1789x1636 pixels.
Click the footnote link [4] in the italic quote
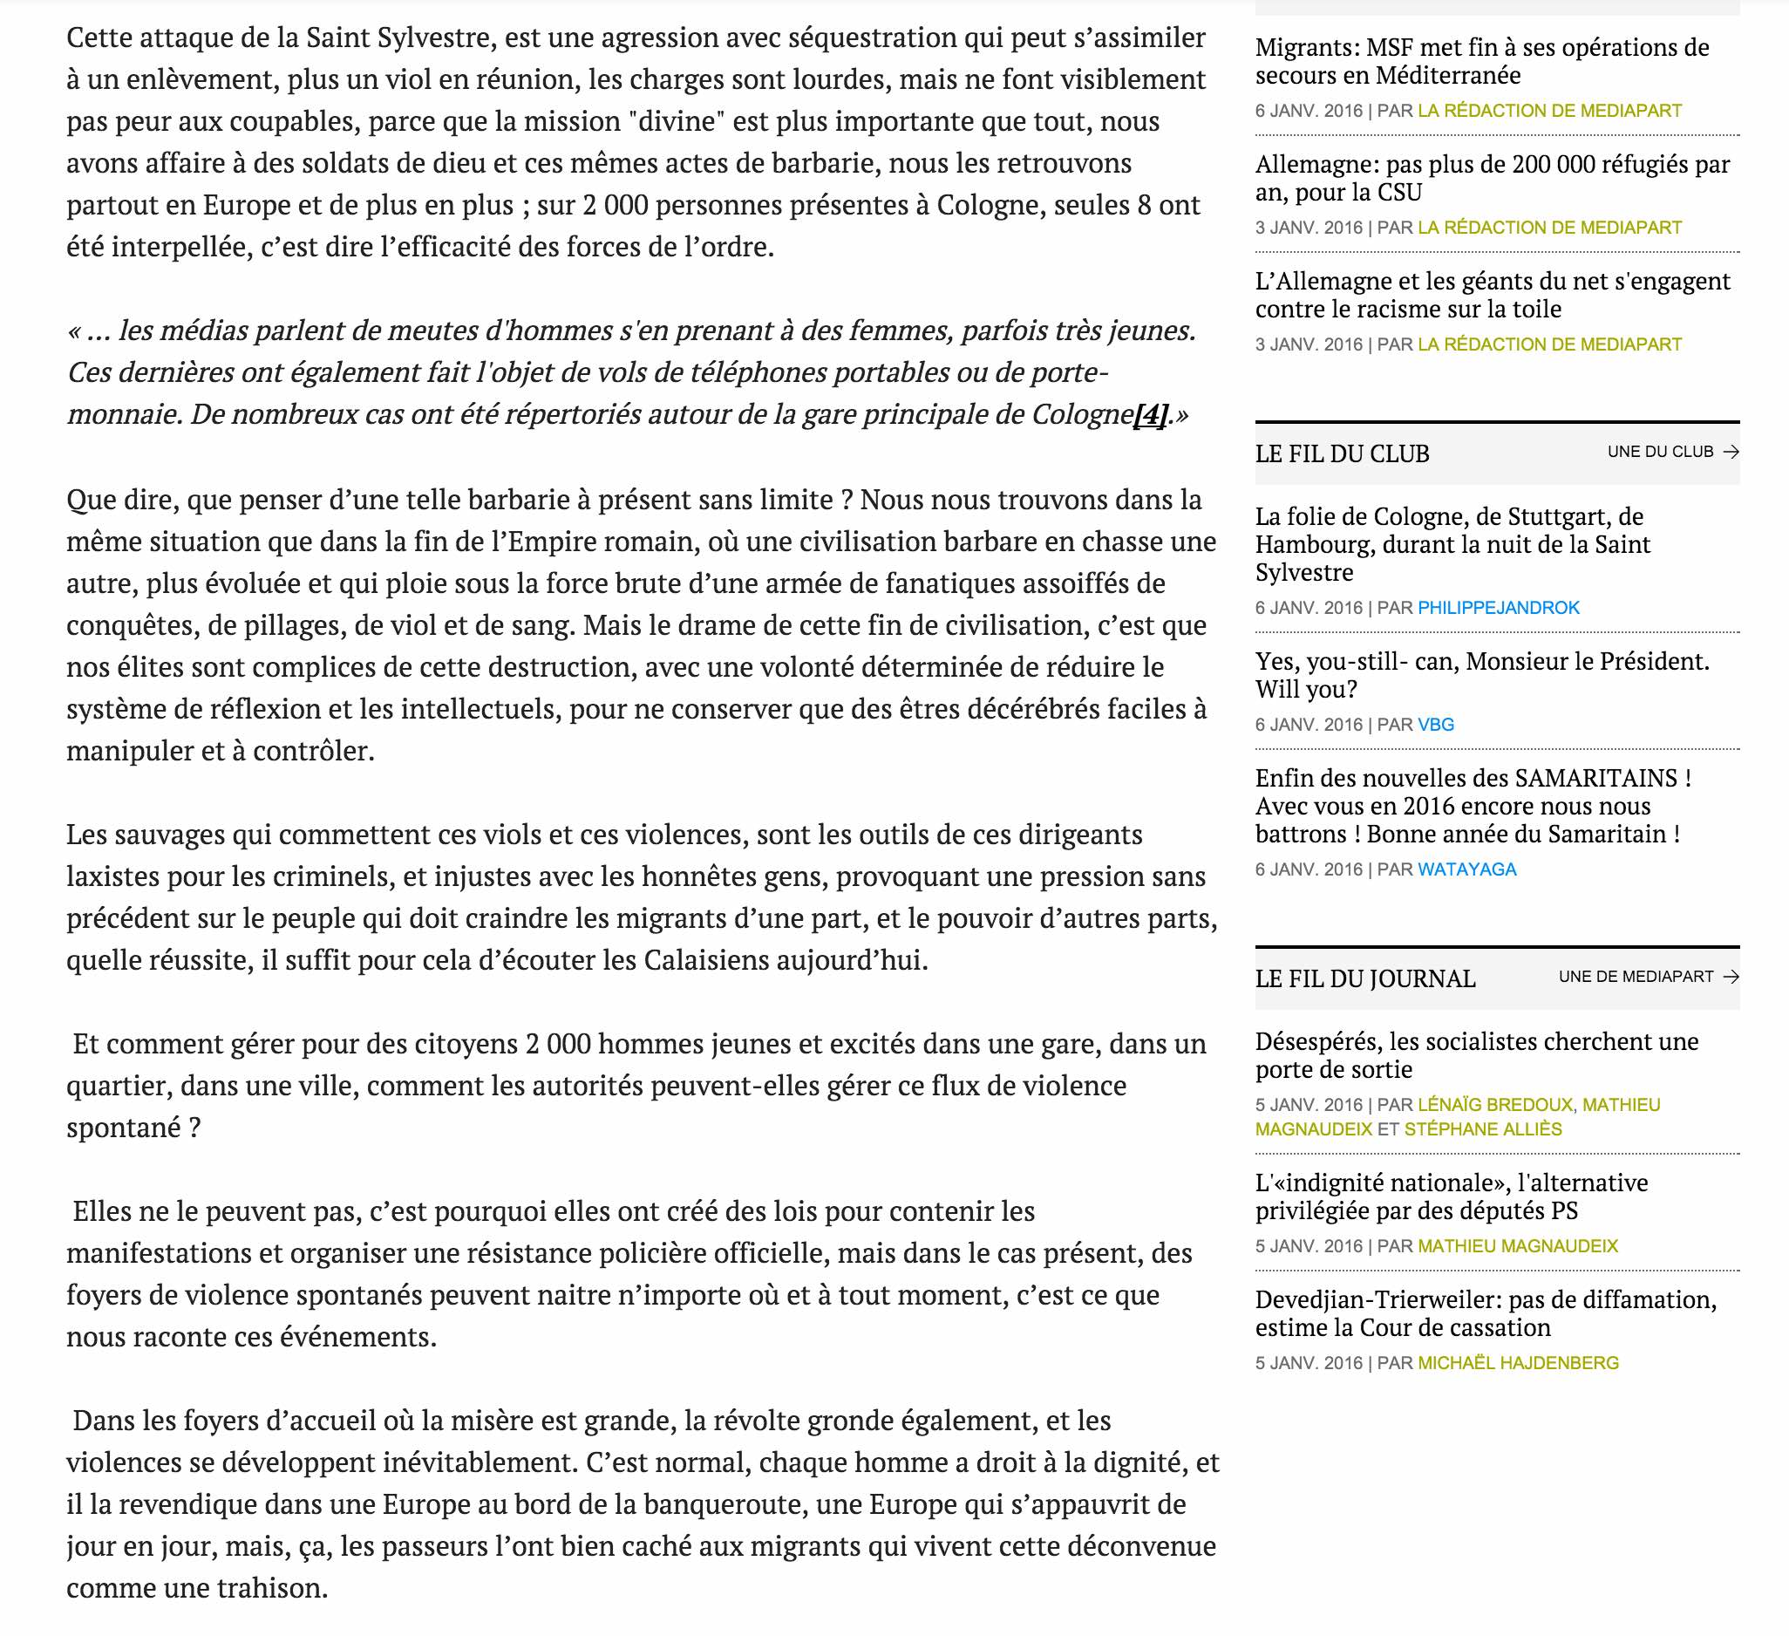pos(1150,414)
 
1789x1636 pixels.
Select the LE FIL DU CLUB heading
pos(1342,453)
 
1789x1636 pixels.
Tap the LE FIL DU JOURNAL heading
pos(1364,978)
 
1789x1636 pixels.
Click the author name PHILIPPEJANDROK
pos(1498,608)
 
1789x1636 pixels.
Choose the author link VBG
pos(1436,726)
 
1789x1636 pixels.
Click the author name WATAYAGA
pos(1467,870)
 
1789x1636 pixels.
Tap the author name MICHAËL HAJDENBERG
pos(1518,1364)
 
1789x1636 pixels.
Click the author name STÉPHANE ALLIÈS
pos(1483,1129)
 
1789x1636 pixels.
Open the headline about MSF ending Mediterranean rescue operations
pos(1481,61)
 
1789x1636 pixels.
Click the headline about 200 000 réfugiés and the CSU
pos(1492,179)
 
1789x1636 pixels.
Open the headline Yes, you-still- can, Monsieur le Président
pos(1481,676)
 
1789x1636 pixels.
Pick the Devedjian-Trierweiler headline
pos(1486,1314)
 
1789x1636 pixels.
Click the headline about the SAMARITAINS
pos(1473,806)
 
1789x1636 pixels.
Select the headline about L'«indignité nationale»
pos(1451,1196)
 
